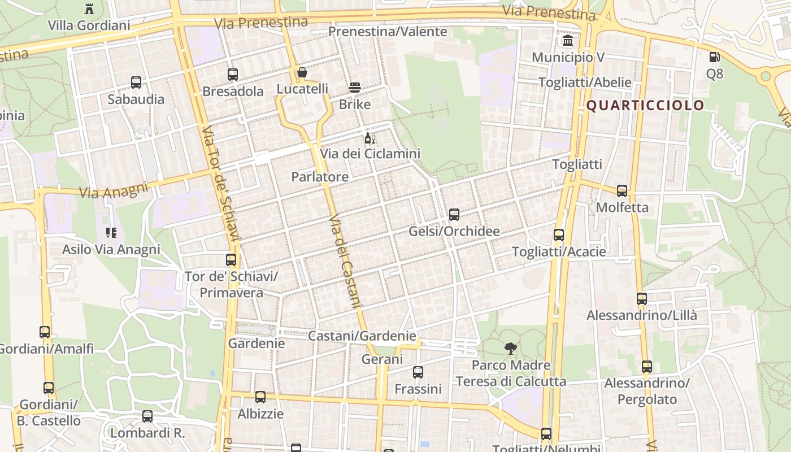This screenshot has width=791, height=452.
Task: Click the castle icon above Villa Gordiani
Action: click(89, 8)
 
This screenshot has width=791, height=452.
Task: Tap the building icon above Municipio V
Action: click(568, 41)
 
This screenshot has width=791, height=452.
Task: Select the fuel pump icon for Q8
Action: click(714, 57)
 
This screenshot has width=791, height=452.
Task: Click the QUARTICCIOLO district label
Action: click(645, 105)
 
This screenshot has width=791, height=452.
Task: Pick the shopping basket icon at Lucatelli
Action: click(302, 72)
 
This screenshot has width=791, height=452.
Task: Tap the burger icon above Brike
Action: click(355, 88)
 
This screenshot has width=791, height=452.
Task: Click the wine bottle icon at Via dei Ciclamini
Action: click(370, 138)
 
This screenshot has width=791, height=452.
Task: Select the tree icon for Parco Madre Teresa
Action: click(511, 349)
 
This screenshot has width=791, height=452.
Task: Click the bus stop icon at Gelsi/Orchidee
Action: click(454, 215)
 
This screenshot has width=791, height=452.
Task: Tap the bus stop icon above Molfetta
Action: click(622, 191)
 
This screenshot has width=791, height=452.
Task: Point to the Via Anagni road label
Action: click(114, 190)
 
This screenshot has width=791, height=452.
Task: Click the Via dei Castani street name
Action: click(344, 261)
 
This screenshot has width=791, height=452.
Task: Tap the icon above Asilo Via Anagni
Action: click(111, 233)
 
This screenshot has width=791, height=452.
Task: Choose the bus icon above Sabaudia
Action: click(136, 82)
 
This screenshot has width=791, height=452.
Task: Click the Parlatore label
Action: click(320, 177)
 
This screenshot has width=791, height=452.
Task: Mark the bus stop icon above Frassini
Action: click(418, 372)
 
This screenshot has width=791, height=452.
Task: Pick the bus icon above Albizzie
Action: click(260, 397)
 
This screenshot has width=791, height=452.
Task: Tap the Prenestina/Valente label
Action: click(388, 32)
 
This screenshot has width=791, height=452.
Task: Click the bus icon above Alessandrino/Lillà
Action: click(642, 299)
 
